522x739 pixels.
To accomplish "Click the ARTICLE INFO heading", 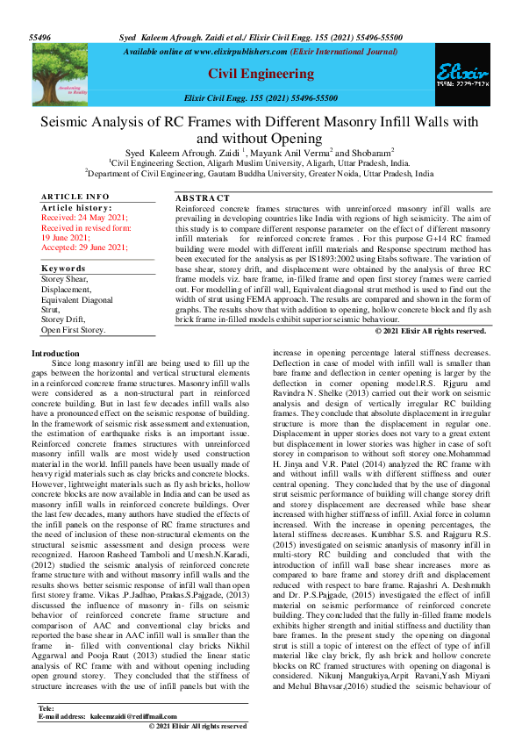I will (x=75, y=196).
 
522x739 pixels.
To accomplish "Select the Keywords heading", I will (x=63, y=268).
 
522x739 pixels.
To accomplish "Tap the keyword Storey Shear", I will (x=67, y=278).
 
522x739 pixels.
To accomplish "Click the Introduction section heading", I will (x=55, y=353).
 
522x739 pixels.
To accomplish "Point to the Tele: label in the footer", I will (x=47, y=707).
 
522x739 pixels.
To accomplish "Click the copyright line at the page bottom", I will (x=197, y=727).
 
